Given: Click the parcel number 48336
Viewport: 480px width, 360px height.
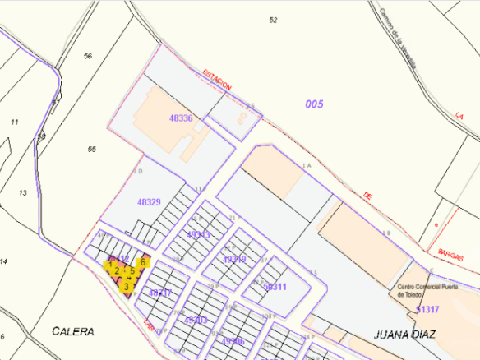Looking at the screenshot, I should click(181, 118).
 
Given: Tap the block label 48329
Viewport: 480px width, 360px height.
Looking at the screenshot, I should click(149, 201).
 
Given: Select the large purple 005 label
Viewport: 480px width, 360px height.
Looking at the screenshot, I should click(314, 104).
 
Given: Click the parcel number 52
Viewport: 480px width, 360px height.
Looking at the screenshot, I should click(274, 20).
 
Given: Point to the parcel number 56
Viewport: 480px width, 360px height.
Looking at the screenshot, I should click(88, 56).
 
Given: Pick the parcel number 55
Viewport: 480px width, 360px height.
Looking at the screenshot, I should click(92, 149).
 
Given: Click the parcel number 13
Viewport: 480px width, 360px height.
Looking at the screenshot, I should click(22, 192).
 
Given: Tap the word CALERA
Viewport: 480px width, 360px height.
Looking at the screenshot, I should click(72, 332).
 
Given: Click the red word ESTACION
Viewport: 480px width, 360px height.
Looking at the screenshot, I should click(218, 81).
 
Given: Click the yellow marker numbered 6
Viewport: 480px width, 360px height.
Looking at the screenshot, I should click(142, 262).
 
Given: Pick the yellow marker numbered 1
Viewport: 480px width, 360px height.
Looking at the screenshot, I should click(109, 265).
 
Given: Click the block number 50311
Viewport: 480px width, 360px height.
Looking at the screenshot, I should click(275, 287).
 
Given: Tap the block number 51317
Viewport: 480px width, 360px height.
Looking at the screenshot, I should click(427, 309).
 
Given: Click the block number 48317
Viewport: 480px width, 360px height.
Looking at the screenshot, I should click(160, 293).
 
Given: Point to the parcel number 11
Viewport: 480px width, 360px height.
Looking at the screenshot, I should click(14, 122).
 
